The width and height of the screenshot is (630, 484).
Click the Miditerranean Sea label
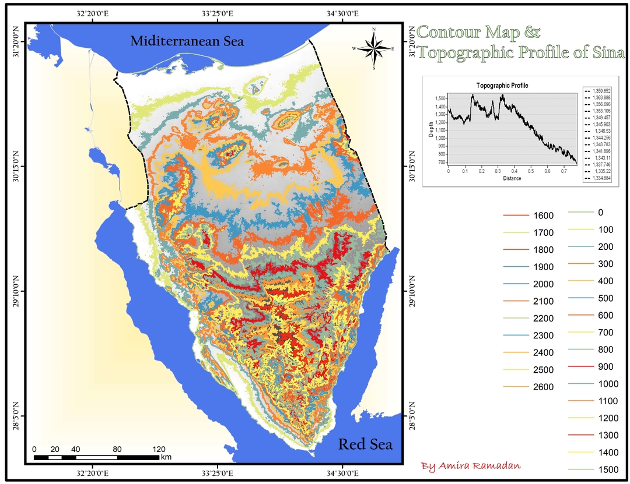[187, 41]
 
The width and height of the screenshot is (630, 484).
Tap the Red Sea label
[366, 444]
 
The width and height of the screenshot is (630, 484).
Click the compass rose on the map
[373, 48]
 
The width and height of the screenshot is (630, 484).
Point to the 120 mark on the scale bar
[159, 449]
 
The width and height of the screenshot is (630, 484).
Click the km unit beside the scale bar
[166, 457]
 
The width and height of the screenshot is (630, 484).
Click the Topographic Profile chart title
[502, 86]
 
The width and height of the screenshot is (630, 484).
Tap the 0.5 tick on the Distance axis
[531, 172]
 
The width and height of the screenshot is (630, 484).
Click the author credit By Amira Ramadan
[471, 466]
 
